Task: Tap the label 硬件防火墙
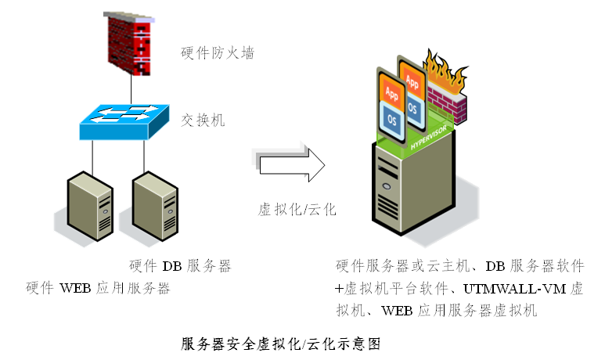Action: (x=217, y=53)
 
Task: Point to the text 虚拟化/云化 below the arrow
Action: (x=297, y=210)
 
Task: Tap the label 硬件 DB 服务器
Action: (x=179, y=266)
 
